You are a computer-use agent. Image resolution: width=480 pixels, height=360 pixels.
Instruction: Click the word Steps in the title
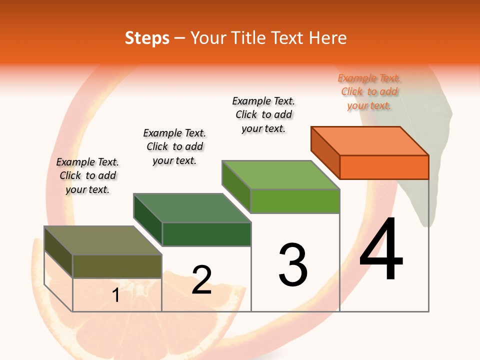(x=147, y=38)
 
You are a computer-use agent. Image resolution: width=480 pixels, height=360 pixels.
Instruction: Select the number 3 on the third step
(x=293, y=265)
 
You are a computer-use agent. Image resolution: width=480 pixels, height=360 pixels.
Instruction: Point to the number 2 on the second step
(x=202, y=280)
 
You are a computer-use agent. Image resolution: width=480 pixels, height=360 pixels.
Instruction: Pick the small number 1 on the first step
(x=116, y=295)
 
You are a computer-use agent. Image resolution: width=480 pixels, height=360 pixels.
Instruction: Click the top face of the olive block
(x=103, y=240)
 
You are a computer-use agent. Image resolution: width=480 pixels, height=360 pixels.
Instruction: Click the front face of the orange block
(x=384, y=167)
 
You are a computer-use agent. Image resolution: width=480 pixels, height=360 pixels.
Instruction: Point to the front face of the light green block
(x=295, y=201)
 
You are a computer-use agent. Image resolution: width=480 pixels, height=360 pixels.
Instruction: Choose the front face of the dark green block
(x=206, y=234)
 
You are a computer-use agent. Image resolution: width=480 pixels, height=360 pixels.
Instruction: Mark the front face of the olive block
(x=117, y=266)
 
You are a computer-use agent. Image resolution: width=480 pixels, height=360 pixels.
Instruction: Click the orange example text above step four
(x=369, y=92)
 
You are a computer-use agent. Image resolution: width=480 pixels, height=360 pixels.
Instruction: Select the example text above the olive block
(x=87, y=175)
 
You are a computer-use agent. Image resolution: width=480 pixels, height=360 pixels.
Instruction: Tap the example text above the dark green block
(x=174, y=146)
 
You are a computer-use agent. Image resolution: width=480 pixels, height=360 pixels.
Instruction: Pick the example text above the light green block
(x=263, y=114)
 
